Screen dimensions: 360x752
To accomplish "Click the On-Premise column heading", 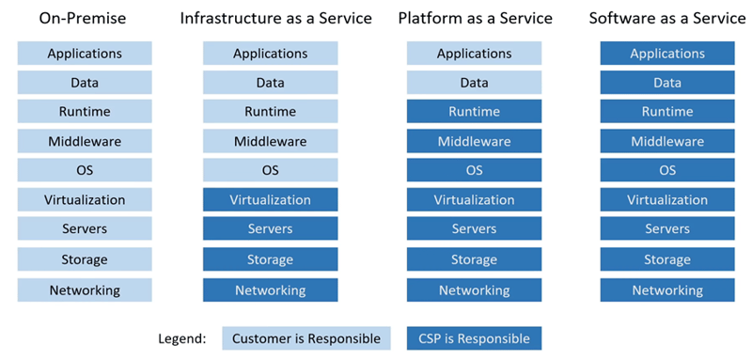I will point(85,18).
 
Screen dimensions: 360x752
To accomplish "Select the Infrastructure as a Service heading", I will point(275,18).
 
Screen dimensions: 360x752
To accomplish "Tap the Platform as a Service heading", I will point(474,18).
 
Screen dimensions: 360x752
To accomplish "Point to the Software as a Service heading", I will point(667,18).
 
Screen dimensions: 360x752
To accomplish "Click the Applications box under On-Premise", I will point(85,54).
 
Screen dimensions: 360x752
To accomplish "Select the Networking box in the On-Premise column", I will point(85,290).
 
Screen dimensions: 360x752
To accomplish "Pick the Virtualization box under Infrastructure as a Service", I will point(271,200).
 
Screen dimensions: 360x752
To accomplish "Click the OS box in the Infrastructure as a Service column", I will point(271,171).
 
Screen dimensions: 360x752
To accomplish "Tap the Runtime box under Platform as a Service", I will point(474,112).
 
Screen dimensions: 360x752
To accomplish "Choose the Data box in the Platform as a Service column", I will point(474,83).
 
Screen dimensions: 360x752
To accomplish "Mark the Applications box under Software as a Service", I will point(667,54).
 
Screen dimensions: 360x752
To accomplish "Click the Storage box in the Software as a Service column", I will point(667,259).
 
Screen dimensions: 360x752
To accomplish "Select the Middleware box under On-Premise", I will point(85,142).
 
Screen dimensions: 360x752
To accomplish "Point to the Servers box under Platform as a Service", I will point(474,229).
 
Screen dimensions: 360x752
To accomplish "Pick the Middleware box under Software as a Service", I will point(667,142).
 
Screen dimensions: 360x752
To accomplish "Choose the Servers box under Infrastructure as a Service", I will point(271,229).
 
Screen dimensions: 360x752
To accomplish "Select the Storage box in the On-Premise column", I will point(85,259).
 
